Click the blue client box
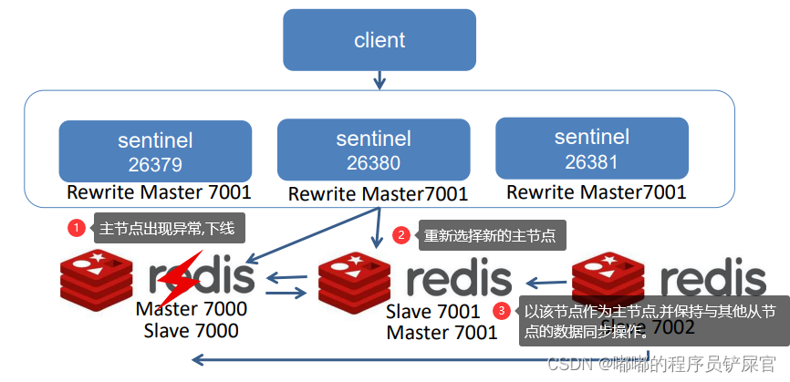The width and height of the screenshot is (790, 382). [379, 40]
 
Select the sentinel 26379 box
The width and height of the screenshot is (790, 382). [155, 151]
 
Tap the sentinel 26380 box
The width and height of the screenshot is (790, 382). [373, 150]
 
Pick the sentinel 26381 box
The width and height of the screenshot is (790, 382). [591, 148]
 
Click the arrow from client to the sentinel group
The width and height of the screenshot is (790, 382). [379, 80]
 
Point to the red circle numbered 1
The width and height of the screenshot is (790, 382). [77, 227]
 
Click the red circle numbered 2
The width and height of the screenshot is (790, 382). [401, 235]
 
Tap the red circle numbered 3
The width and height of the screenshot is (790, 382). [501, 311]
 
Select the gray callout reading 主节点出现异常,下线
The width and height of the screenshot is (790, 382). [167, 228]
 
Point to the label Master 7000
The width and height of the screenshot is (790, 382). [192, 309]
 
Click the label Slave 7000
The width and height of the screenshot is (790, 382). [192, 330]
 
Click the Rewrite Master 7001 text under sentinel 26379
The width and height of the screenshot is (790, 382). [159, 193]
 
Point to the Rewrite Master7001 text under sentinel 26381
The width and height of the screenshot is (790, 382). [596, 192]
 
